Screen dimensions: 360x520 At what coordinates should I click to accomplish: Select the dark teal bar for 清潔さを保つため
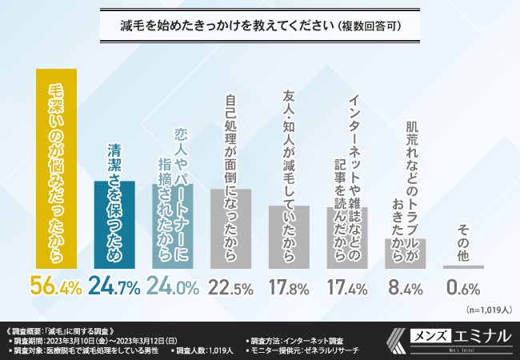coord(115,223)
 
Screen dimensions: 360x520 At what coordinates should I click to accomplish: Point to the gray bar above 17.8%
coord(289,236)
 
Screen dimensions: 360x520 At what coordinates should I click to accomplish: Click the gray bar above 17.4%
coord(346,237)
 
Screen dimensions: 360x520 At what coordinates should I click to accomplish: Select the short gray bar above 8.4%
coord(405,253)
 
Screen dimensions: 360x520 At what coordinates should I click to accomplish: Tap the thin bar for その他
coord(462,266)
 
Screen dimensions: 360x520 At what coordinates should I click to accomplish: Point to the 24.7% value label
coord(115,286)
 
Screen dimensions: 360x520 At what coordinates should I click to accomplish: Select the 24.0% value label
coord(174,286)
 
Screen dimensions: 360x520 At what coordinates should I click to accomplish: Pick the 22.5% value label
coord(231,286)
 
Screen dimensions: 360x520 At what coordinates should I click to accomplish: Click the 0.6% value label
coord(462,286)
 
